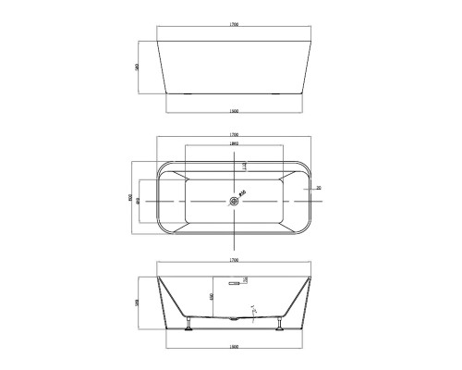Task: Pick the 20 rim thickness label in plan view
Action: (x=317, y=188)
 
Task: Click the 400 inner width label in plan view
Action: (x=138, y=198)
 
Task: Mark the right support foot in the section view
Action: (x=279, y=323)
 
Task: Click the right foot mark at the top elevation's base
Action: (x=281, y=93)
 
